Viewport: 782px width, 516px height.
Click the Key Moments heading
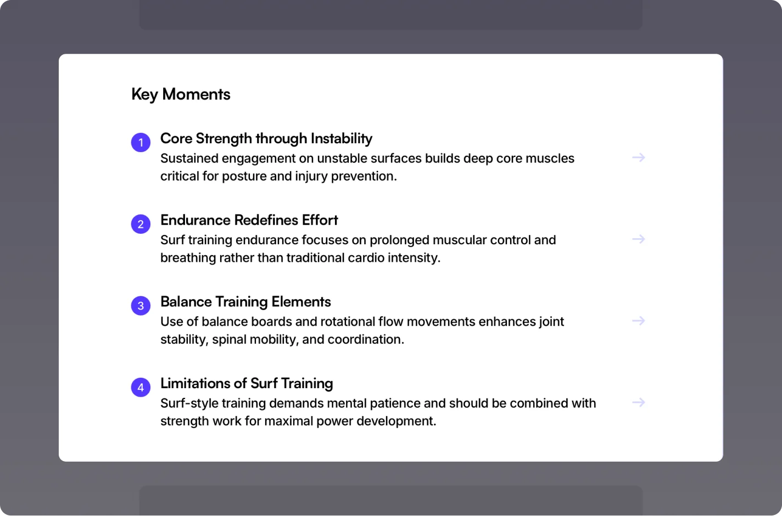coord(181,94)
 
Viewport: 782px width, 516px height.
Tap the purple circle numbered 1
coord(141,142)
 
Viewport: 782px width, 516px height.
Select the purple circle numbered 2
coord(141,224)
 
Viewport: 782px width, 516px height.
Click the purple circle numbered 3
coord(141,306)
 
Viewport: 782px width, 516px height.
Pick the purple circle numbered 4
coord(141,387)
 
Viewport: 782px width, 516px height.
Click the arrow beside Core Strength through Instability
coord(639,158)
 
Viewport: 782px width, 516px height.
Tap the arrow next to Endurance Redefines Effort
coord(639,239)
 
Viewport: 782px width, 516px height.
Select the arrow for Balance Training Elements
coord(639,321)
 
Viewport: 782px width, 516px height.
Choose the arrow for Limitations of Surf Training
coord(639,402)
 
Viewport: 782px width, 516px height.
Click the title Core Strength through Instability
coord(266,139)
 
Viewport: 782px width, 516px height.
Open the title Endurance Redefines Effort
coord(249,220)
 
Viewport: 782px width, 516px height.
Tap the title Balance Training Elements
coord(246,302)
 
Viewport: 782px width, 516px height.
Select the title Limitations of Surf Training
coord(247,383)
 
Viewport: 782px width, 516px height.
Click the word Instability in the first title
coord(342,139)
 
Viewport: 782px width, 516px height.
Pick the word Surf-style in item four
coord(189,403)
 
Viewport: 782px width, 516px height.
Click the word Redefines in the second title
coord(266,220)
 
